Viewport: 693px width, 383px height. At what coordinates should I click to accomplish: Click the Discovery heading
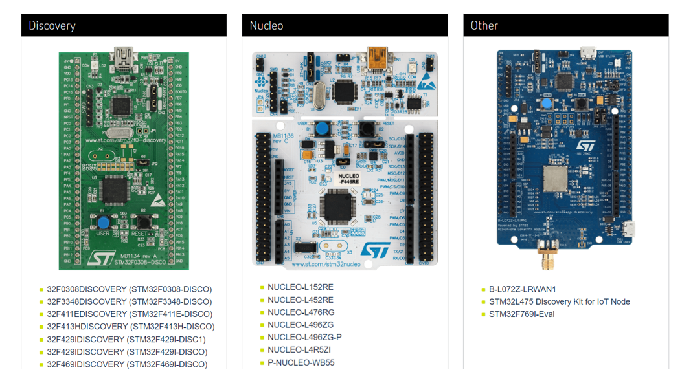[52, 26]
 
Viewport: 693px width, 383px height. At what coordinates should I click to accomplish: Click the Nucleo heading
[267, 26]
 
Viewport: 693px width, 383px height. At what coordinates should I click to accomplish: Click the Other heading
[484, 26]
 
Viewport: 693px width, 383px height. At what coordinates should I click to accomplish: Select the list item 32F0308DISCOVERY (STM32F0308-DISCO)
[129, 289]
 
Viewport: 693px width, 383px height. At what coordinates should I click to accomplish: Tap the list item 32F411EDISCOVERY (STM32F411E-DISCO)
[129, 314]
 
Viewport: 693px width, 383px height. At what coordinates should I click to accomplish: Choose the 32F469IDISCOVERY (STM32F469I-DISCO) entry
[127, 364]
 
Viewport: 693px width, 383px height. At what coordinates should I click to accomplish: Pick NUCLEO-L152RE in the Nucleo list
[301, 287]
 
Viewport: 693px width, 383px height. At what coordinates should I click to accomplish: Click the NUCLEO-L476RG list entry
[301, 312]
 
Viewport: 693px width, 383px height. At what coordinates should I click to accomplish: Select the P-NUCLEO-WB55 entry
[301, 363]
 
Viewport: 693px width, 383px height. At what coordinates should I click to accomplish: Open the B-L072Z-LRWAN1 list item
[522, 289]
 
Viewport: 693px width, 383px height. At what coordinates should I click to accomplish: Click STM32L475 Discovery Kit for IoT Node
[559, 301]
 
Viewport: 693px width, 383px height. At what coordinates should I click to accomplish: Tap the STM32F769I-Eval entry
[521, 314]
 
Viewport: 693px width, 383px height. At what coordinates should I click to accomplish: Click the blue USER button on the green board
[103, 223]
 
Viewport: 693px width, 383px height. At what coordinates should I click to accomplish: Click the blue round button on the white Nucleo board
[321, 127]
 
